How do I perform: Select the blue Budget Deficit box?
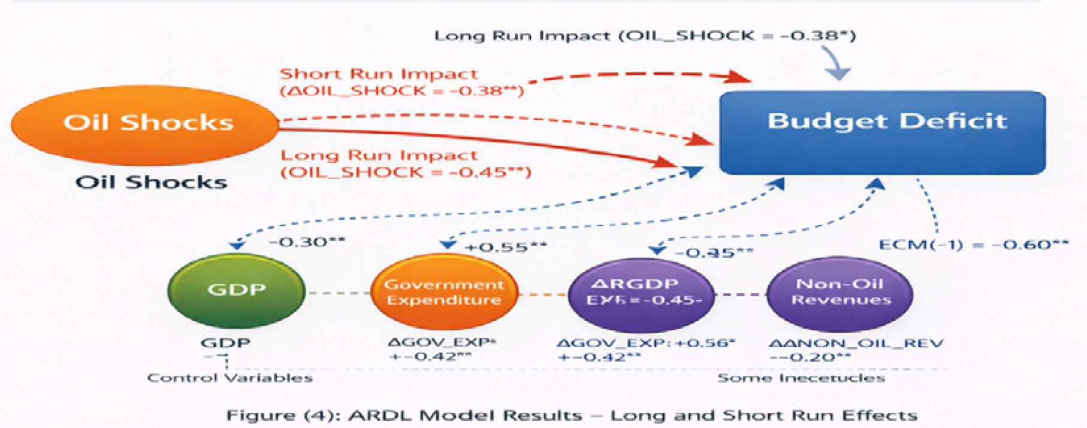tap(883, 132)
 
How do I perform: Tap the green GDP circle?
tap(236, 291)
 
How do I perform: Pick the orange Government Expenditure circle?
tap(444, 292)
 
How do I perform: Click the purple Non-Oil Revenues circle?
tap(840, 293)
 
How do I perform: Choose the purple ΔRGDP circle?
tap(641, 293)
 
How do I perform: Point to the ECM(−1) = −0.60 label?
tap(973, 245)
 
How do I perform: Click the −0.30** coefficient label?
tap(307, 242)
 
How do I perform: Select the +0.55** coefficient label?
tap(506, 247)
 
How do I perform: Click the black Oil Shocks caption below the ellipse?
tap(151, 182)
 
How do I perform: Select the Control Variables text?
tap(230, 378)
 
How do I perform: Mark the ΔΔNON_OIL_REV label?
tap(856, 344)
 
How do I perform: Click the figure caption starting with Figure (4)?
tap(572, 415)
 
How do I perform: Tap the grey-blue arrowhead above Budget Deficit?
tap(838, 74)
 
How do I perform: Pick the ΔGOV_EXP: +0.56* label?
tap(645, 344)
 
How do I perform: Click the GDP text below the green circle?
tap(225, 343)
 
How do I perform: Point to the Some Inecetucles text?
tap(801, 378)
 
